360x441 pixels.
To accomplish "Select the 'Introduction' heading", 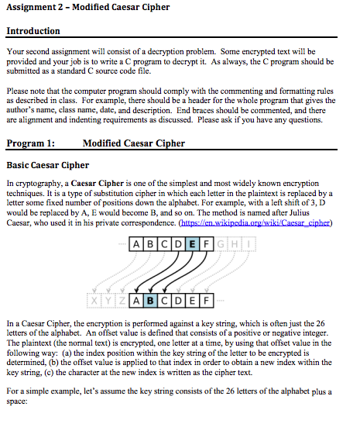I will [x=33, y=31].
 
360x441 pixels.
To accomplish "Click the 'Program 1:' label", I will [x=30, y=143].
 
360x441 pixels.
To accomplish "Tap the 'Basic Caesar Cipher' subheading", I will [x=47, y=164].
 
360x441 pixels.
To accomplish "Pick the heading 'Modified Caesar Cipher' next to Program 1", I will [x=133, y=143].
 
